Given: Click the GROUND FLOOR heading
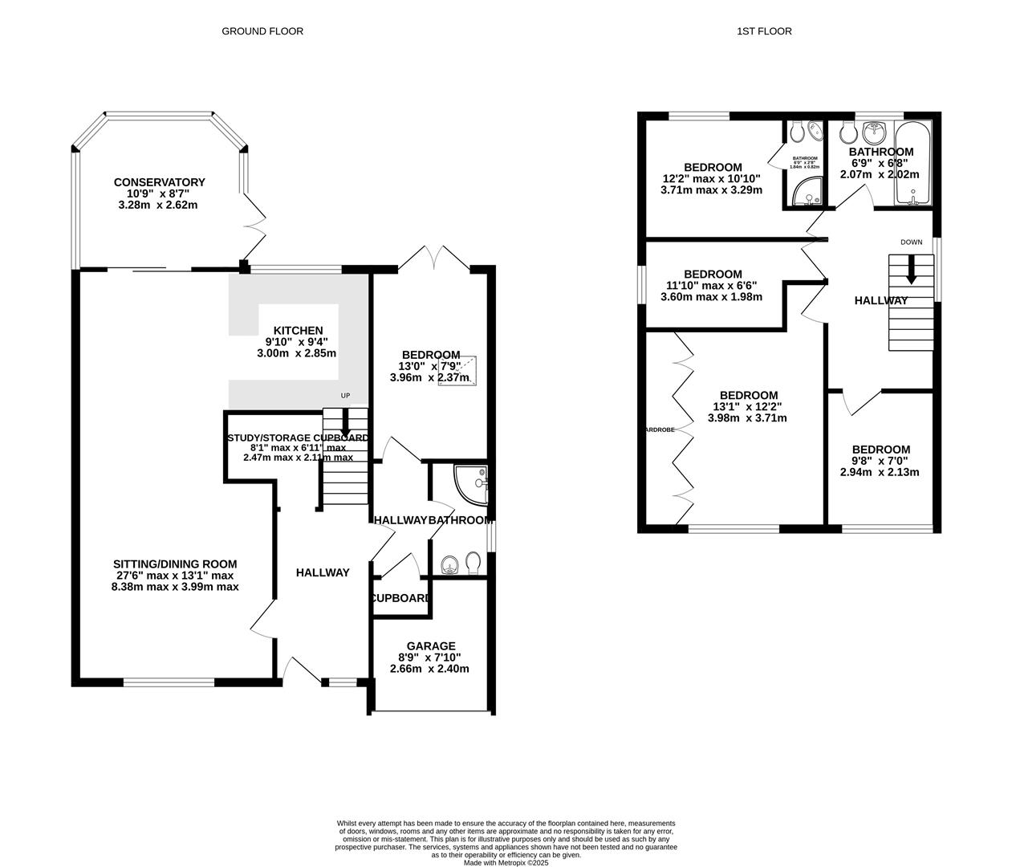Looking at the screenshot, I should [262, 31].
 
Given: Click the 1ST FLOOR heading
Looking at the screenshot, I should [764, 31].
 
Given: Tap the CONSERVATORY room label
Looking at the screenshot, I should [159, 182].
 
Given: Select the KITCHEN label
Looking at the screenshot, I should [298, 331].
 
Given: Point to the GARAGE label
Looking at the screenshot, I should [431, 646].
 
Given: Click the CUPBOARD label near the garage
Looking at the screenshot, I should [400, 598].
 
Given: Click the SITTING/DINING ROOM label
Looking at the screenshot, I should [175, 564].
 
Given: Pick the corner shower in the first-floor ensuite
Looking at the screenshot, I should [803, 193].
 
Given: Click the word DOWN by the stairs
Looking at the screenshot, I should [911, 242].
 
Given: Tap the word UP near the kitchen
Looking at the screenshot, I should [345, 396].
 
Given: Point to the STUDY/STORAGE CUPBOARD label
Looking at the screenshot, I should [298, 438].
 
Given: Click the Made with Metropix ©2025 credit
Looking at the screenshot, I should [506, 863].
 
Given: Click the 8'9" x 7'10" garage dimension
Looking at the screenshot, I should [429, 657].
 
